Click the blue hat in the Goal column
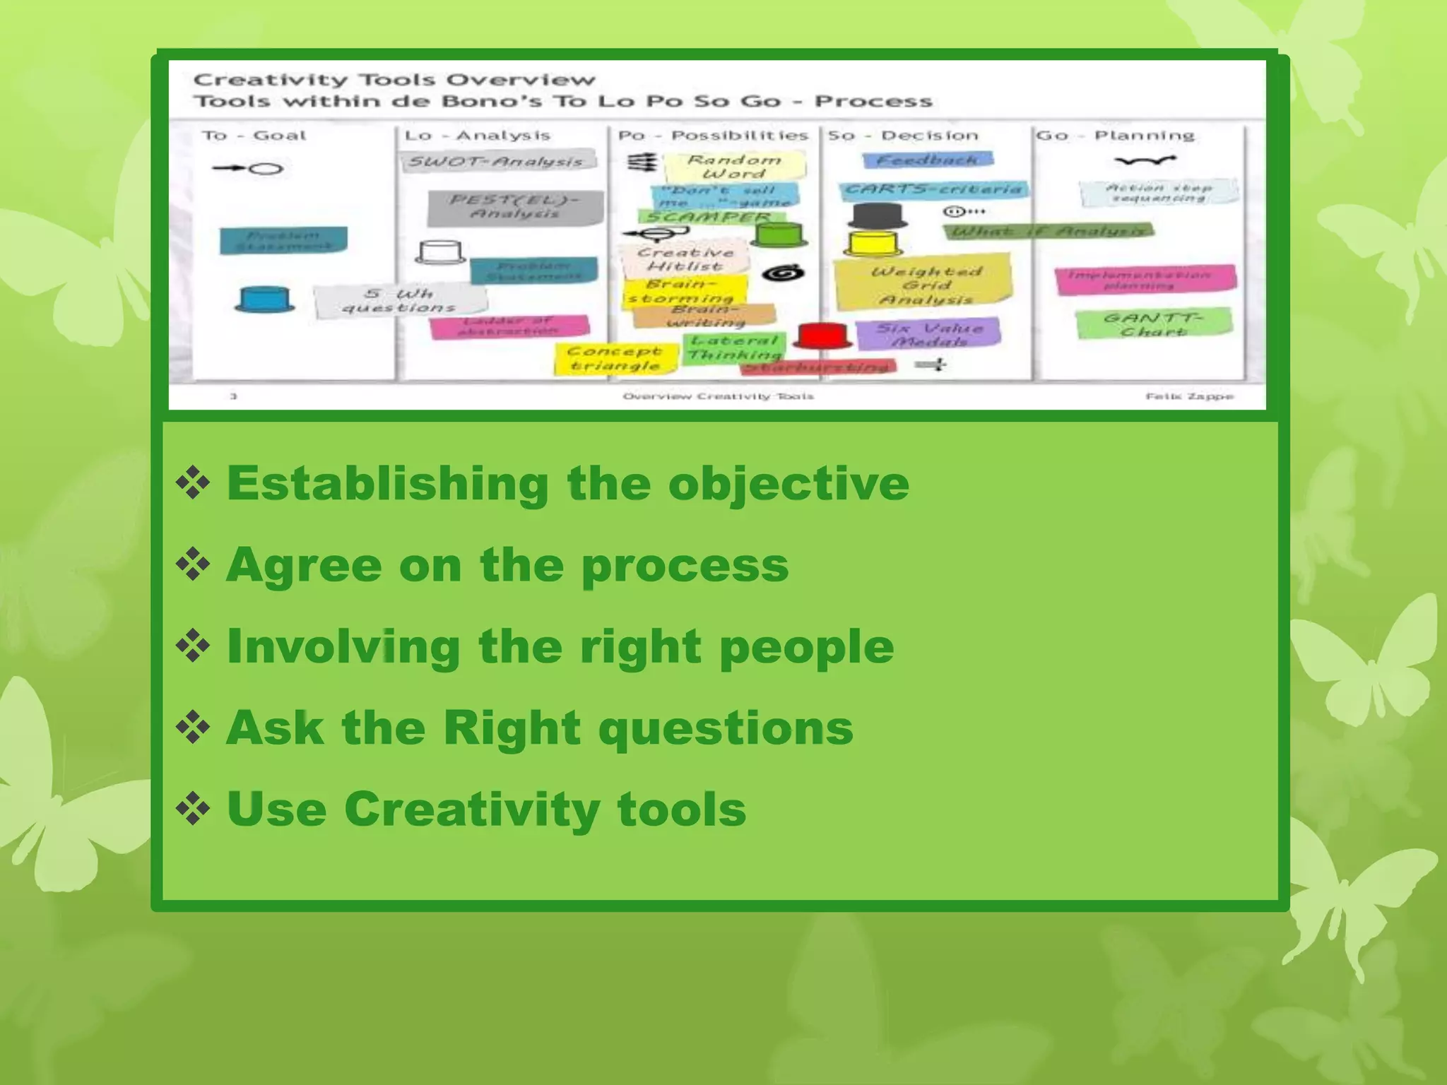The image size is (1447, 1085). coord(264,300)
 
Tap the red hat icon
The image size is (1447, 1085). coord(824,336)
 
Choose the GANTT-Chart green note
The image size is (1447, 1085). coord(1154,324)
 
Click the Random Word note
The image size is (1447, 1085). coord(734,167)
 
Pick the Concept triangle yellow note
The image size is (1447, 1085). coord(615,358)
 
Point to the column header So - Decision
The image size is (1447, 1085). coord(903,136)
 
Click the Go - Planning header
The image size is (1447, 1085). coord(1115,136)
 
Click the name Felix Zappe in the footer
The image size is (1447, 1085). coord(1189,396)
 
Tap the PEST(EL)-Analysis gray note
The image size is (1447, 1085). coord(515,207)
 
